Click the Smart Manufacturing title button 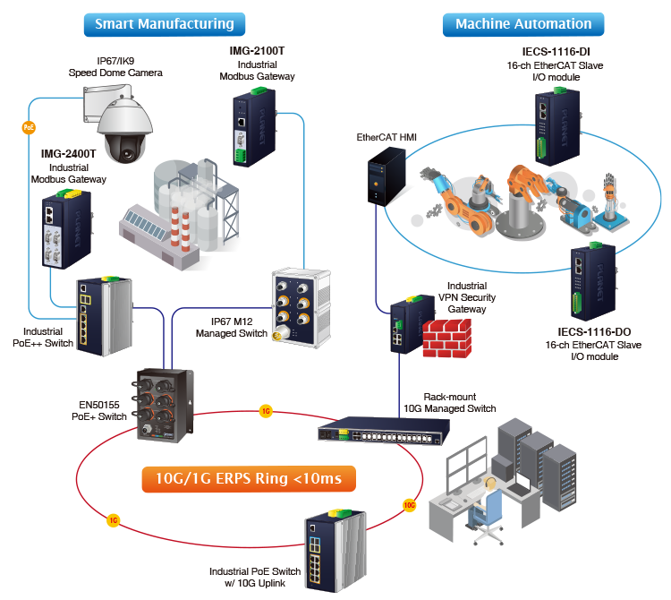point(164,24)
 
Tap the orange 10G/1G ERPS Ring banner point(248,478)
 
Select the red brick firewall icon point(445,336)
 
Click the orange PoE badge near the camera point(28,128)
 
